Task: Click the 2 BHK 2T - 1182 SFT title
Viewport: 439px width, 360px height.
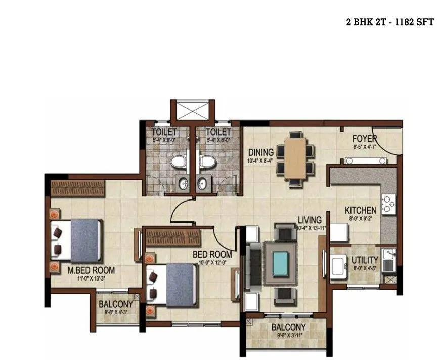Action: pyautogui.click(x=390, y=23)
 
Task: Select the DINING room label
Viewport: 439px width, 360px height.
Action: pyautogui.click(x=261, y=152)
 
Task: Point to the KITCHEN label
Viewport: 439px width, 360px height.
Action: pyautogui.click(x=361, y=210)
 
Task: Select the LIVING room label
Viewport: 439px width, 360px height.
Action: pyautogui.click(x=309, y=220)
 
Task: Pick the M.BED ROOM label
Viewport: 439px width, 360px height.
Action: pyautogui.click(x=91, y=270)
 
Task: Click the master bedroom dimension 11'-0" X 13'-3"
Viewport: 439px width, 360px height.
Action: pyautogui.click(x=92, y=278)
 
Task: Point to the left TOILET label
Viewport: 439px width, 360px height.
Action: pyautogui.click(x=164, y=132)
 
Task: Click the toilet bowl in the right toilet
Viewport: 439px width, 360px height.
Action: pyautogui.click(x=206, y=162)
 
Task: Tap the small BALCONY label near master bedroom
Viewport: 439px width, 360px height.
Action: pyautogui.click(x=116, y=304)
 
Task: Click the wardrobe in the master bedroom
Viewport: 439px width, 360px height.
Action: pyautogui.click(x=77, y=188)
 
